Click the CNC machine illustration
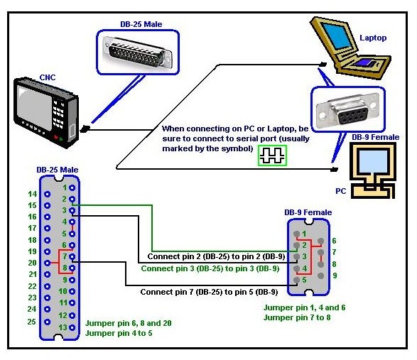coord(46,112)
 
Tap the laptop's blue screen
coord(336,36)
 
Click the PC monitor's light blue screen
coord(373,161)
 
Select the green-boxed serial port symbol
coord(272,156)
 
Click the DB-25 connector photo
coord(138,53)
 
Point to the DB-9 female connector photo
coord(348,109)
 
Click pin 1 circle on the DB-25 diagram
coord(72,187)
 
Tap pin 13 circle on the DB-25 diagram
coord(72,327)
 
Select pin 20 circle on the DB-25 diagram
coord(48,263)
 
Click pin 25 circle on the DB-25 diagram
coord(48,322)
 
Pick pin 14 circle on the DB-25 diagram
coord(48,194)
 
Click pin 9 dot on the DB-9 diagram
coord(321,276)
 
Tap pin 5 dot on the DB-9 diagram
coord(296,280)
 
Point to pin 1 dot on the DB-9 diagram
coord(296,234)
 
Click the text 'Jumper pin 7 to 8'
coord(297,317)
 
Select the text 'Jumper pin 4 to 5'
coord(119,333)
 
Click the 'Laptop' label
coord(373,38)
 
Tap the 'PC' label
coord(341,191)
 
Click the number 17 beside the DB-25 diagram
coord(32,228)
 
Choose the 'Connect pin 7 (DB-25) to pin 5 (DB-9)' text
coord(210,292)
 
